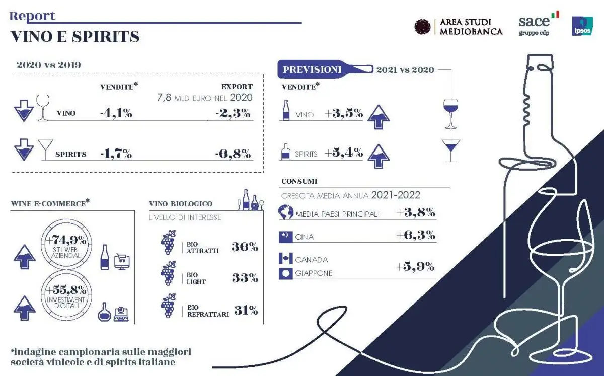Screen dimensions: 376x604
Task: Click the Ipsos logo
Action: tap(582, 26)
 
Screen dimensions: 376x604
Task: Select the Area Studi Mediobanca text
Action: tap(471, 27)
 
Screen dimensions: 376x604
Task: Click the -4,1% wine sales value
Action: tap(116, 113)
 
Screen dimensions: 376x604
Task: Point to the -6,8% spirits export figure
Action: tap(233, 154)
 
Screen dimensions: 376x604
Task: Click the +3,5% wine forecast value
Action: tap(344, 113)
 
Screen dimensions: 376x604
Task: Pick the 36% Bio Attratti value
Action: tap(245, 247)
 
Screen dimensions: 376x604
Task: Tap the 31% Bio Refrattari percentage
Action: tap(246, 311)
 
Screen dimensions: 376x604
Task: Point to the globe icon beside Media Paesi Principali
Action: tap(285, 213)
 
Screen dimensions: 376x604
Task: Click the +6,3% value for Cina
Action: tap(415, 236)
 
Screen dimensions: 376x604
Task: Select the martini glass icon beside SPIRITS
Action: tap(45, 149)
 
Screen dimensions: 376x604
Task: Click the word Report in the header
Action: tap(32, 16)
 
